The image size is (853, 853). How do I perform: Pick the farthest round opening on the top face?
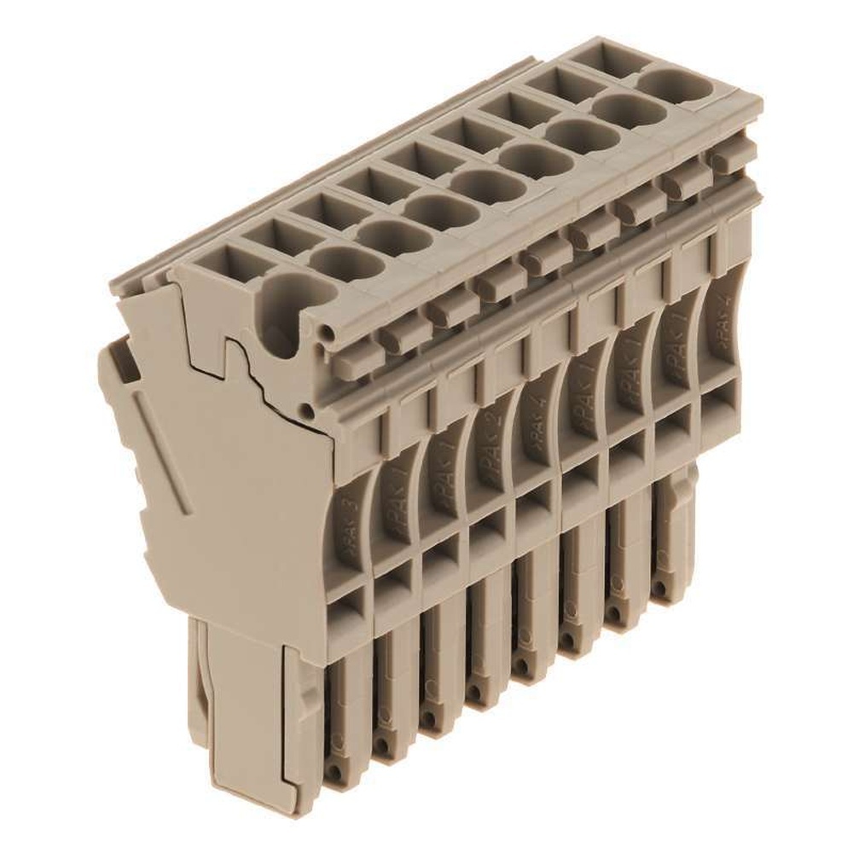677,84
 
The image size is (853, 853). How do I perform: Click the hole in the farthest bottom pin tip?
659,588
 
